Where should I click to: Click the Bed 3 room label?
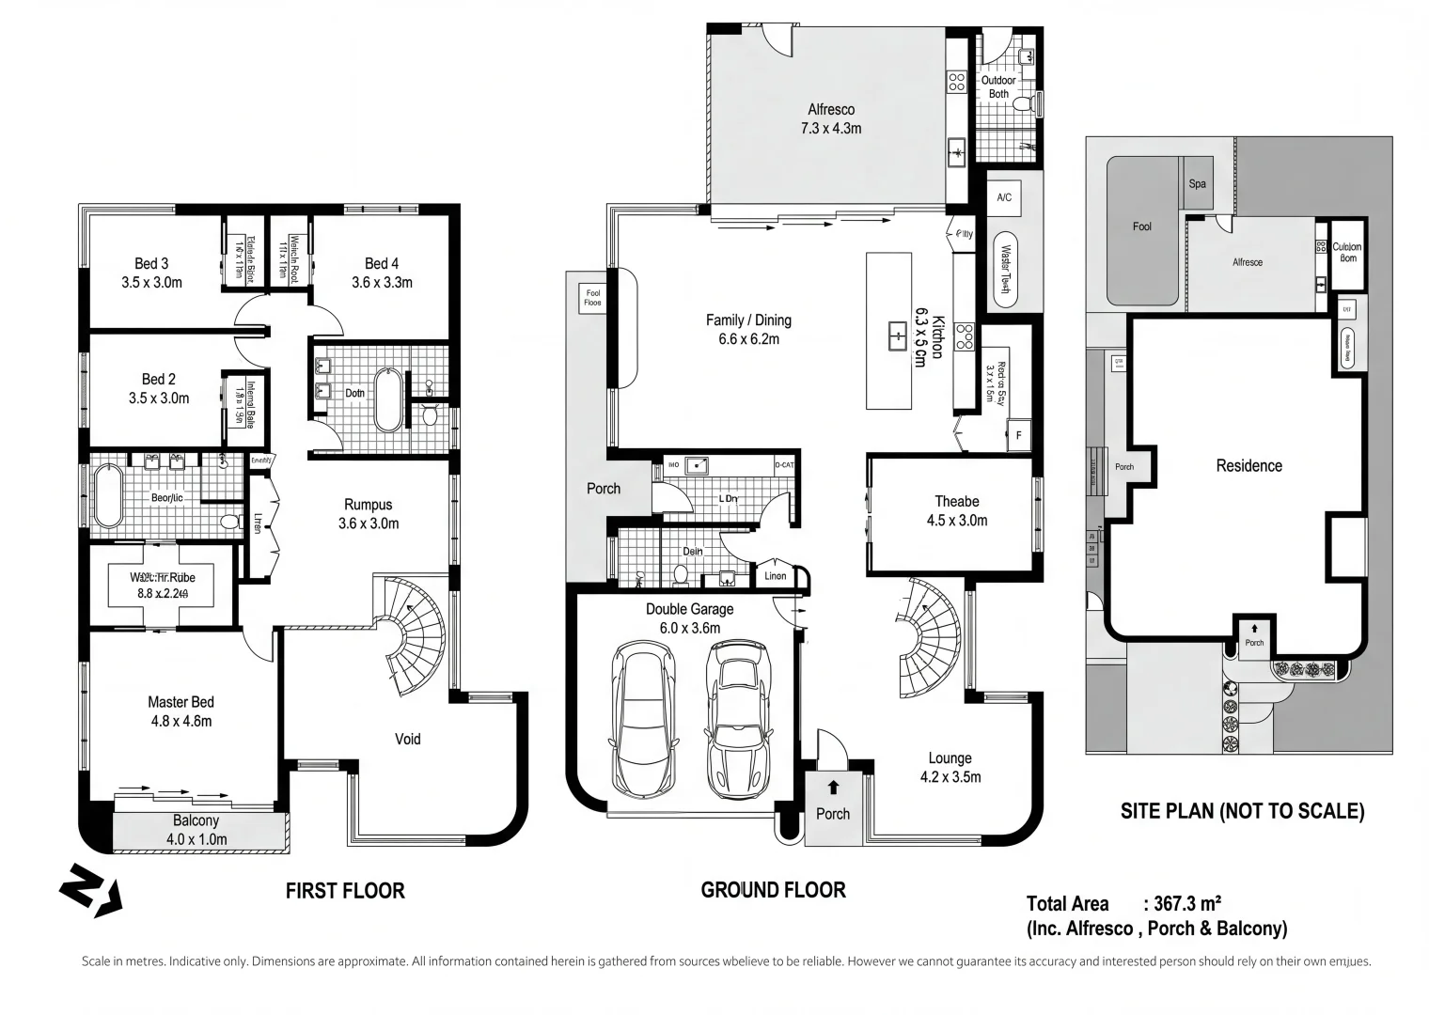click(x=151, y=264)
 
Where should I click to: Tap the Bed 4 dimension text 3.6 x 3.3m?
click(x=382, y=282)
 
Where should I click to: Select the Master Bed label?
click(x=181, y=702)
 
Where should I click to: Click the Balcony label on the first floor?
click(x=196, y=820)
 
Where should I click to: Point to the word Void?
click(x=407, y=739)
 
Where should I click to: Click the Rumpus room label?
click(x=368, y=505)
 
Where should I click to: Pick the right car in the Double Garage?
click(x=738, y=719)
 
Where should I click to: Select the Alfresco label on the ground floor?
click(x=831, y=110)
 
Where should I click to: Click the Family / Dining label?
click(x=748, y=320)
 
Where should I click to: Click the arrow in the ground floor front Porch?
click(x=833, y=787)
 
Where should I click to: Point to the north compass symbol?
click(x=90, y=888)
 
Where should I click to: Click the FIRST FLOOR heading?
click(x=345, y=891)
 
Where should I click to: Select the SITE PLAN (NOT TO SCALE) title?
click(x=1242, y=811)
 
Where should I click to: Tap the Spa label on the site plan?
click(x=1197, y=184)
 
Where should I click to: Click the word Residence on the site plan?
click(x=1248, y=466)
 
